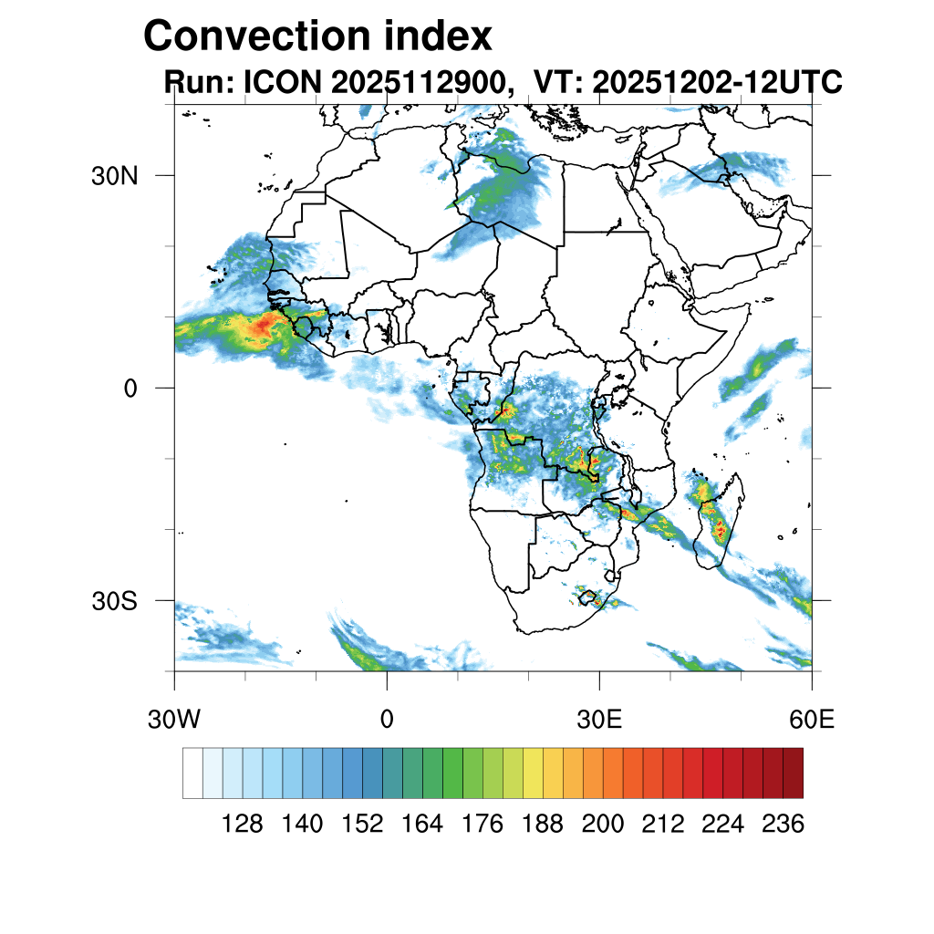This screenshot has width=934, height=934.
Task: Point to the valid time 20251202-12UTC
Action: [717, 83]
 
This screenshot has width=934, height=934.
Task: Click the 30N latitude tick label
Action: [115, 175]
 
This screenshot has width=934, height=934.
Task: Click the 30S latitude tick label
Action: [115, 601]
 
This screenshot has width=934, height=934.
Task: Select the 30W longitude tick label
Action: [173, 720]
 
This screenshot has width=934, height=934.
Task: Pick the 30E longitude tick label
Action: [599, 720]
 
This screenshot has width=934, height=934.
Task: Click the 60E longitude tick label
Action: [812, 720]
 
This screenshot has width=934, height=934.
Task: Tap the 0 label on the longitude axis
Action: [387, 720]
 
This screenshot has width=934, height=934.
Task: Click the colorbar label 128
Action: [243, 825]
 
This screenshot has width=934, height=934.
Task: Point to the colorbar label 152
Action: [362, 825]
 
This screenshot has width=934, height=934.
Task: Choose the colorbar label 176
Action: [483, 825]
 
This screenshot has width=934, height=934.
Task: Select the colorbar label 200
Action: [602, 825]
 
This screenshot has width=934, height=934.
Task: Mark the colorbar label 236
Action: [783, 825]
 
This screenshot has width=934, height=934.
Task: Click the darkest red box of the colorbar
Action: [793, 773]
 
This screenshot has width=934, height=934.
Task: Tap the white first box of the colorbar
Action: [192, 773]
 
